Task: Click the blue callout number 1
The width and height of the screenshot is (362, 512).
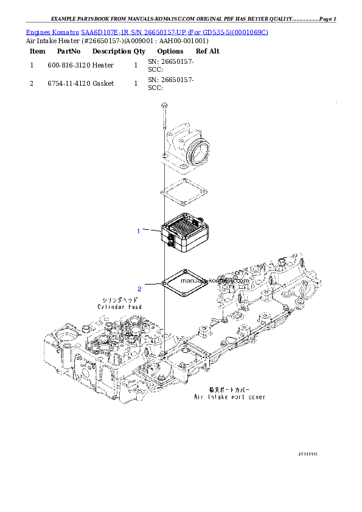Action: coord(139,231)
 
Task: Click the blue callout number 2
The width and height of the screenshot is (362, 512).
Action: coord(139,288)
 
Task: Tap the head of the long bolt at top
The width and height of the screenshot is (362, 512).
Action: coord(164,107)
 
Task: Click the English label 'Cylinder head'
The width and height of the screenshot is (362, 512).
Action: coord(120,307)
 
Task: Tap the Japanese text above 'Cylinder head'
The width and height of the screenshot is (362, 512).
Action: coord(120,300)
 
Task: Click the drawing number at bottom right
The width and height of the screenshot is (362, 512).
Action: coord(308,454)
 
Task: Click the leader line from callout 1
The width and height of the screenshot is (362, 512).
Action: coord(151,230)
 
